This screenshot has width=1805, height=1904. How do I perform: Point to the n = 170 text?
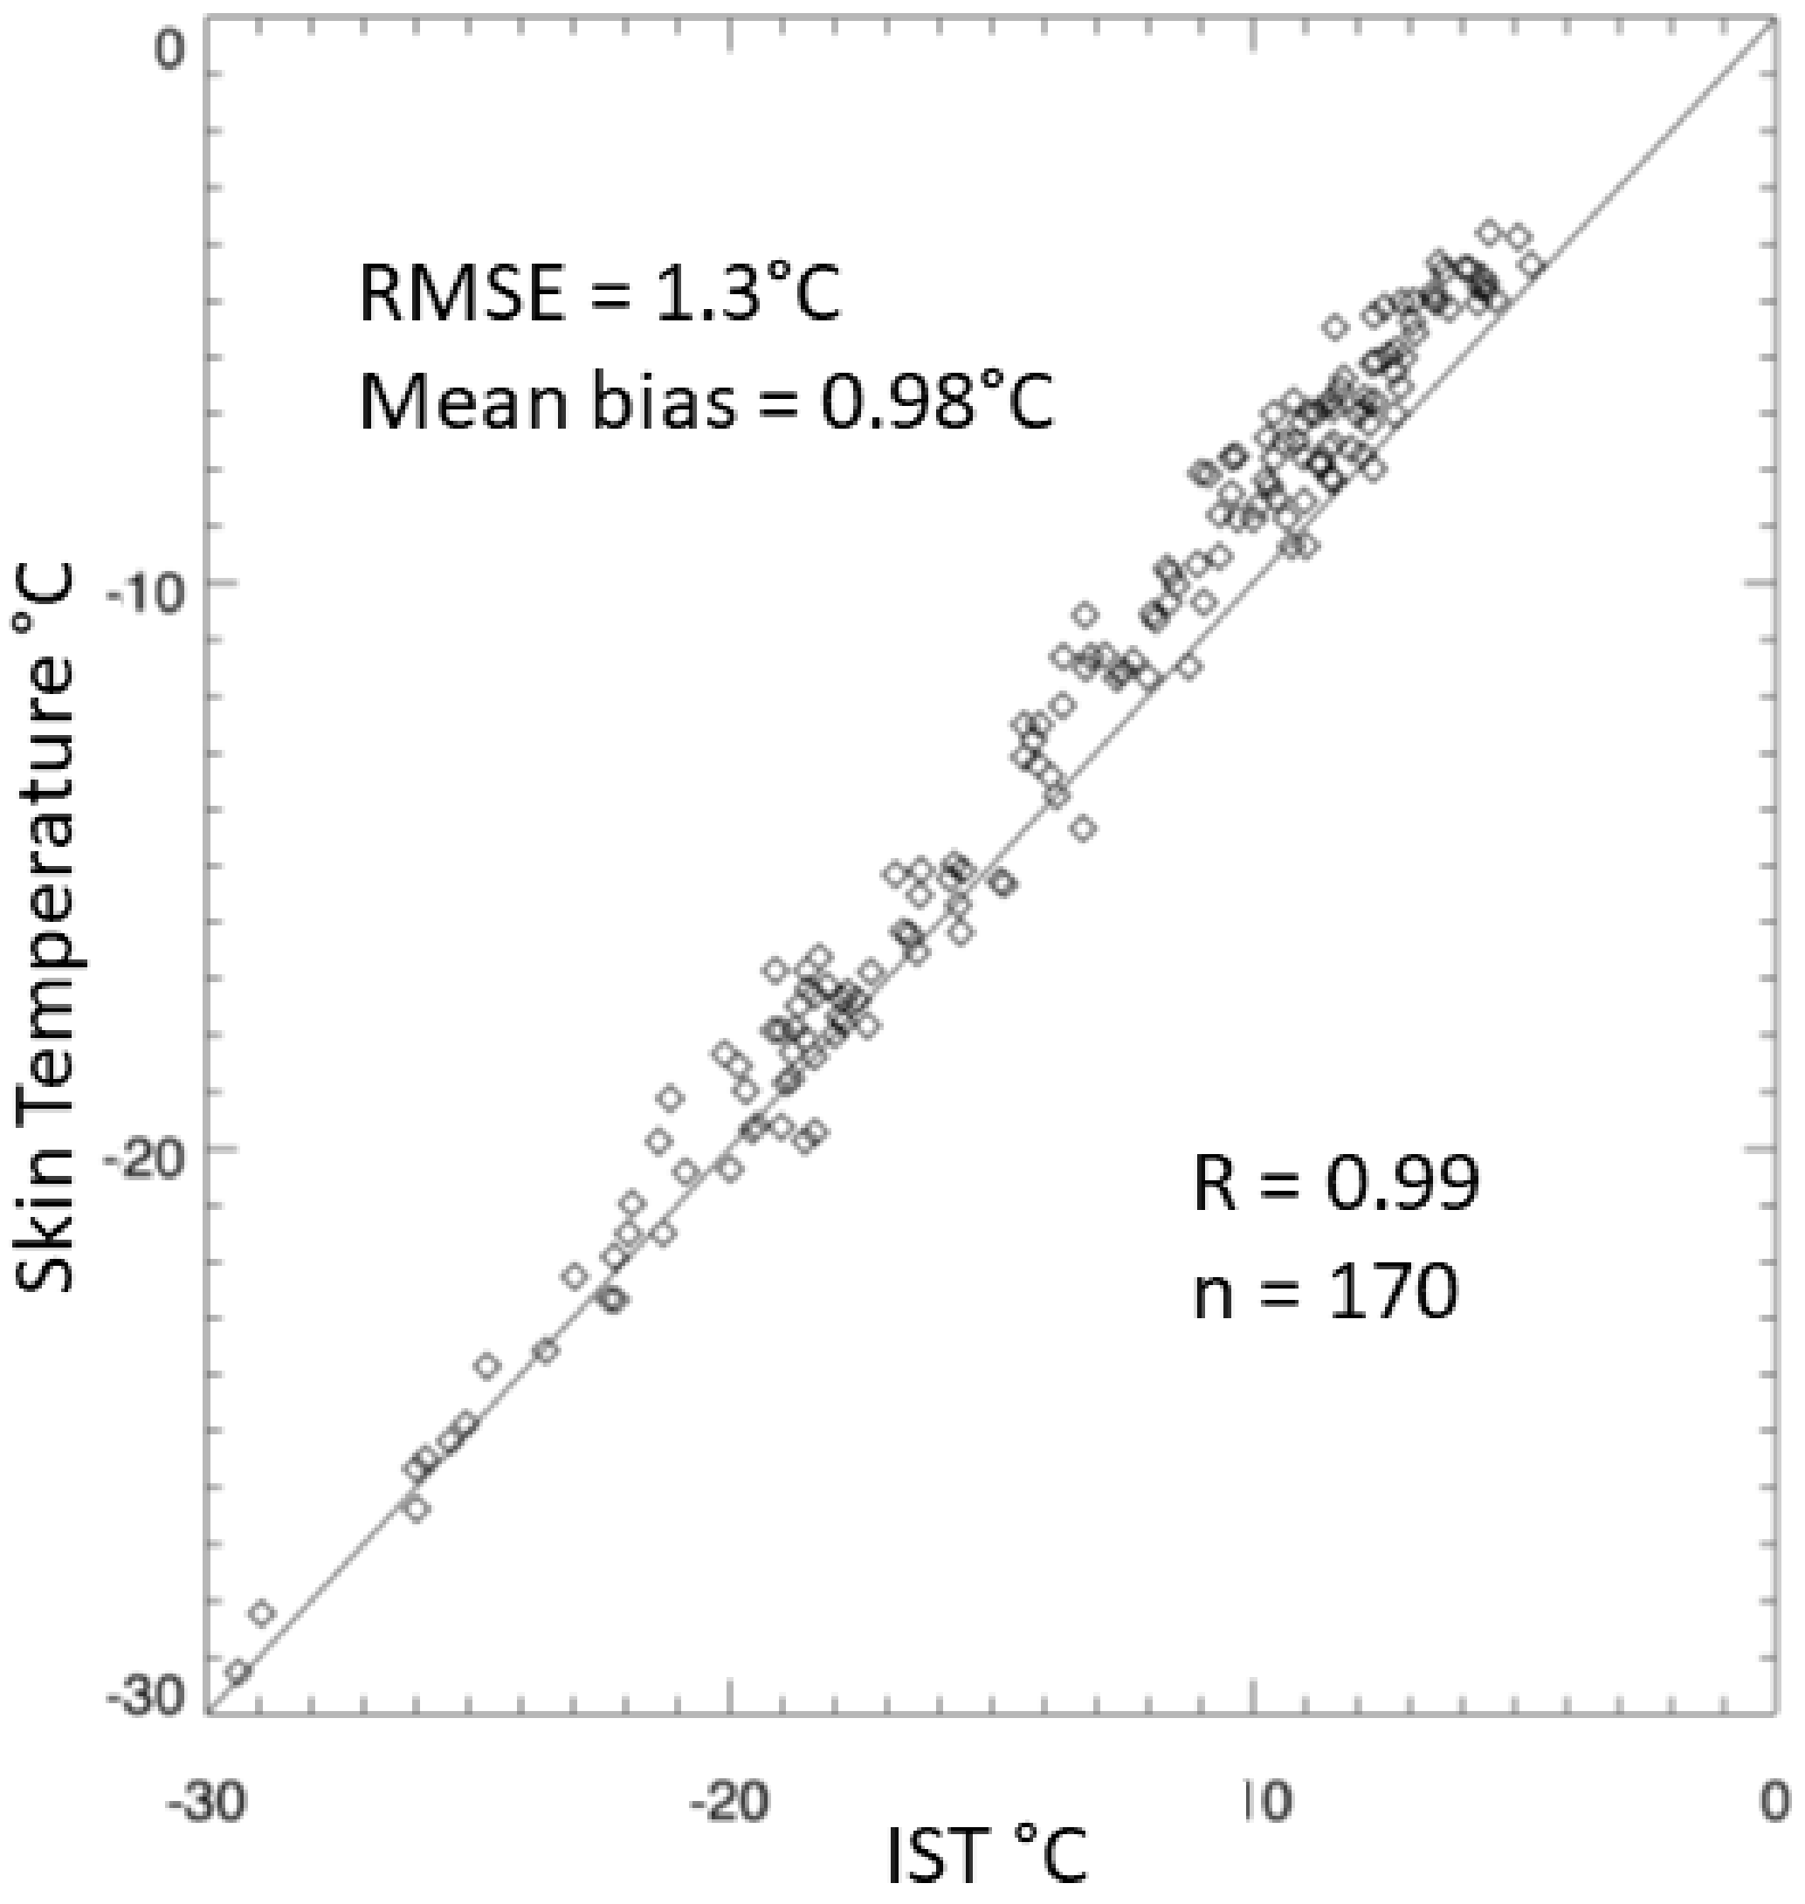[1326, 1292]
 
